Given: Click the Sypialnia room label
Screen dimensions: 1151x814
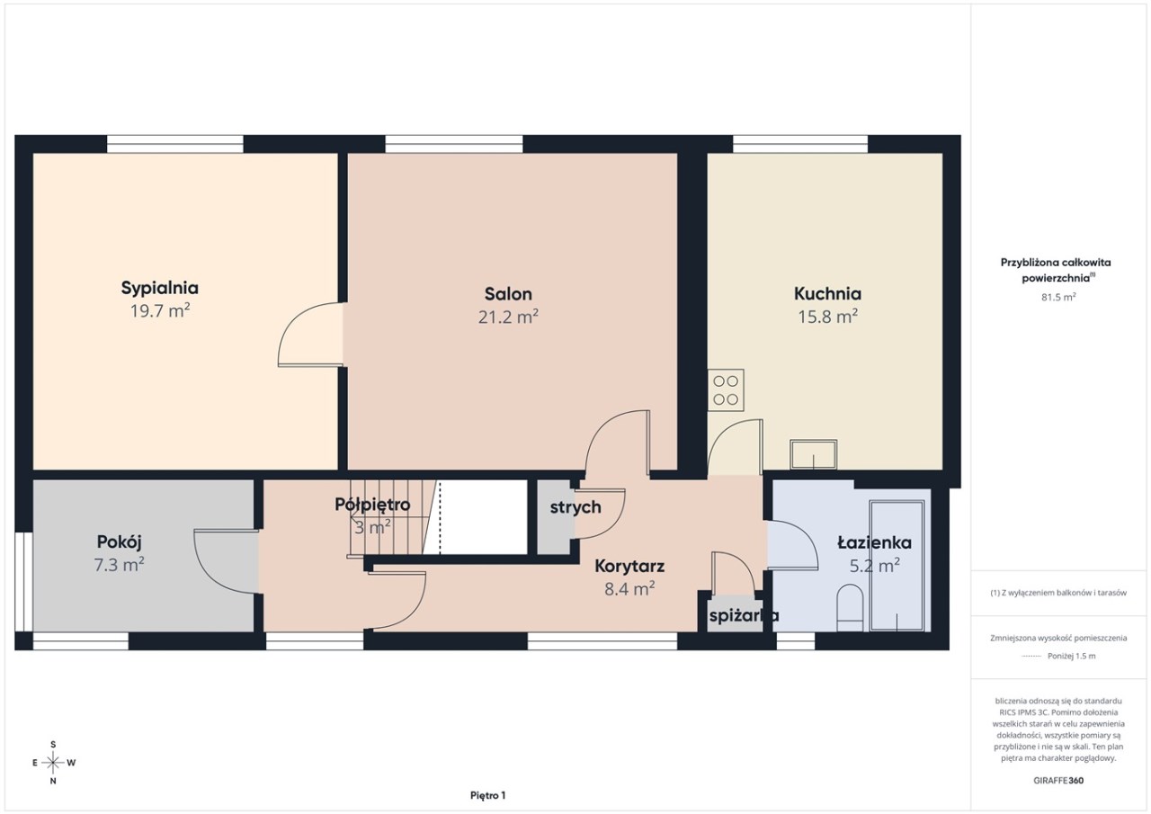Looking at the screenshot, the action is coord(159,289).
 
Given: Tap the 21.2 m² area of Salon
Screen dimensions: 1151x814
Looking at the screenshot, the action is coord(508,317).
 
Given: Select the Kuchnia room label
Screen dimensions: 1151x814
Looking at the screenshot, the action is coord(827,293).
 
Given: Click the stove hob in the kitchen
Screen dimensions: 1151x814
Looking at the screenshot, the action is coord(726,390).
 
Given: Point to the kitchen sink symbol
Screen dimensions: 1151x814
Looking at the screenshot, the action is coord(814,454).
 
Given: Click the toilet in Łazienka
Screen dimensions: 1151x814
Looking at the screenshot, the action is coord(850,608).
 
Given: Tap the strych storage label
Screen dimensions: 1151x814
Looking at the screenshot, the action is coord(575,507).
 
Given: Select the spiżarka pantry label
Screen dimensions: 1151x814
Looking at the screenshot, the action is coord(744,615).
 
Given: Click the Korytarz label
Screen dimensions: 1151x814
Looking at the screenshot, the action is coord(629,566).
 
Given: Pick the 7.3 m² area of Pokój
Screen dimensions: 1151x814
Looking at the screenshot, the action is coord(119,565).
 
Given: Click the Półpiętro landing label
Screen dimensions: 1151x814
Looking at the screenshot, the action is coord(372,505).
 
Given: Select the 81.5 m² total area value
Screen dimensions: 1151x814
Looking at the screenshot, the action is coord(1058,297).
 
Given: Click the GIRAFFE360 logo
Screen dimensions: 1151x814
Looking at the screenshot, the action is coord(1058,781).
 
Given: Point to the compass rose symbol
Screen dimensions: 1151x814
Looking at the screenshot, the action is coord(53,763).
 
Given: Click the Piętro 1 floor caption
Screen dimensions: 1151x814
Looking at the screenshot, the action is coord(487,795).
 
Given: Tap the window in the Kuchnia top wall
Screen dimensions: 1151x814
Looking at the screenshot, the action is coord(800,144).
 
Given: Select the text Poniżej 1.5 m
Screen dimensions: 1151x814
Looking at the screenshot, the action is coord(1071,657).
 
